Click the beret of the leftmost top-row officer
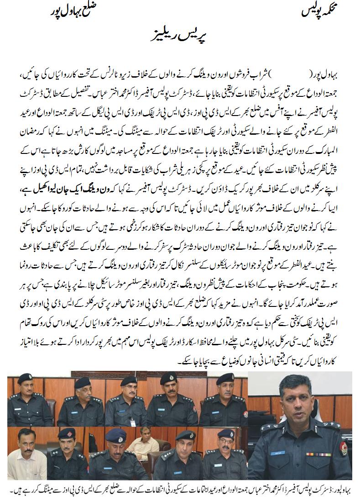[24, 378]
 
